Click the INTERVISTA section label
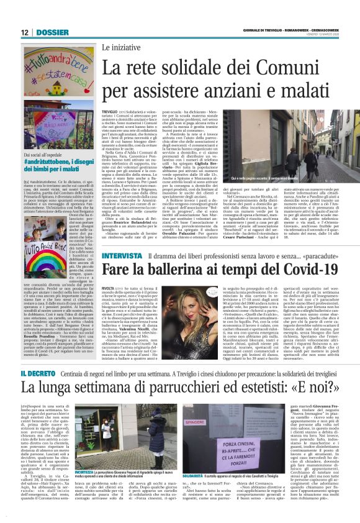[122, 257]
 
